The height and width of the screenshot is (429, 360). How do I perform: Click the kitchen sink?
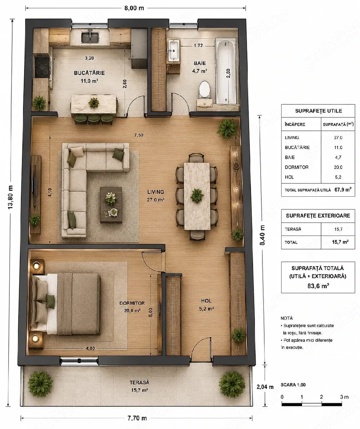tap(90, 37)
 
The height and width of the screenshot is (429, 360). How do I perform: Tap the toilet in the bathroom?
tap(204, 89)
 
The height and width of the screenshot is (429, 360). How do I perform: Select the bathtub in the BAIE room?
tap(226, 71)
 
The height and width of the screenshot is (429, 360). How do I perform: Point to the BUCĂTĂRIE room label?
tap(89, 73)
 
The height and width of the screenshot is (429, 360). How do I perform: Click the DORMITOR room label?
tap(132, 303)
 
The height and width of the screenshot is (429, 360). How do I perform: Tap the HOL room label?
tap(206, 301)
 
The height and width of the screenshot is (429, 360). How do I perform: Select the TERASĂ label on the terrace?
tap(139, 382)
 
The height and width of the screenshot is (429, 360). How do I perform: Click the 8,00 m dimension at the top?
tap(134, 8)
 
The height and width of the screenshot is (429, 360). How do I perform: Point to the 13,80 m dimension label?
tap(10, 197)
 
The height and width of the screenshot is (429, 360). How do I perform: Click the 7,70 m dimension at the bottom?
tap(137, 418)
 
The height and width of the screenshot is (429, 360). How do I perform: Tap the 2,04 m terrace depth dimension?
tap(265, 387)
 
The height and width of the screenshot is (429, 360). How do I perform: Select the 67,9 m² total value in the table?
tap(343, 189)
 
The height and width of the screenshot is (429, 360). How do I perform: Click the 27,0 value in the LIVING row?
tap(338, 138)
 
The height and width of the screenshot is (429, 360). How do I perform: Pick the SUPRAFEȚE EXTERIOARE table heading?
tap(318, 216)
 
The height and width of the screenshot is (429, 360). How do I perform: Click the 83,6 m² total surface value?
tap(318, 286)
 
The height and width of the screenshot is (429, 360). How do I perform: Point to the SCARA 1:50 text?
tap(293, 385)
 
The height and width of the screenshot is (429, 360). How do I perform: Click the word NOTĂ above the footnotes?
tap(287, 318)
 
